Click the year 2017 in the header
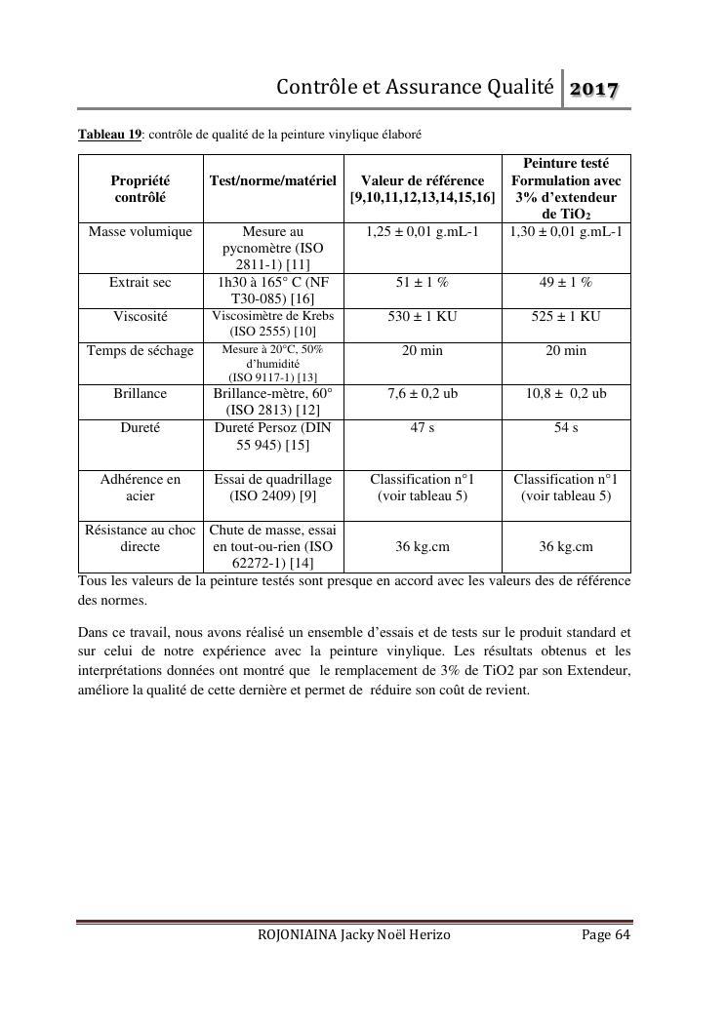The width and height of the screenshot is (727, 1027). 595,90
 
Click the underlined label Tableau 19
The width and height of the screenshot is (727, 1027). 110,134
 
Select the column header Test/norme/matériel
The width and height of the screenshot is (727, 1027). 273,180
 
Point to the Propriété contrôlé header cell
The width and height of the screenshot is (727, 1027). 140,188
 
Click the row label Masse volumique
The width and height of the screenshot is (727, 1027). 140,232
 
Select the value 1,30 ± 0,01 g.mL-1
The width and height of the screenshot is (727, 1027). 565,232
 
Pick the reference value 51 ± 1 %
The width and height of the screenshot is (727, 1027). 423,282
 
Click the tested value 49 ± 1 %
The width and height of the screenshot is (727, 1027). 565,282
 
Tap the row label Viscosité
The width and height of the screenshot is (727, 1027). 140,316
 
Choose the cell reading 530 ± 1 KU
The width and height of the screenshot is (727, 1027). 423,316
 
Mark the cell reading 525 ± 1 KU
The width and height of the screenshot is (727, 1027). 565,316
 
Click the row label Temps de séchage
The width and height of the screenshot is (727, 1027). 140,350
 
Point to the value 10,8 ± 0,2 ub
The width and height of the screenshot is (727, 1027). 565,393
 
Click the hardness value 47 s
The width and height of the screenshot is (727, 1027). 423,427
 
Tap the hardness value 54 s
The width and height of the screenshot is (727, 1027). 565,427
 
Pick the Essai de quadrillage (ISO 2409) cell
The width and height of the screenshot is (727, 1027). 273,487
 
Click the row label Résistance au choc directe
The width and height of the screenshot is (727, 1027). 140,538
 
